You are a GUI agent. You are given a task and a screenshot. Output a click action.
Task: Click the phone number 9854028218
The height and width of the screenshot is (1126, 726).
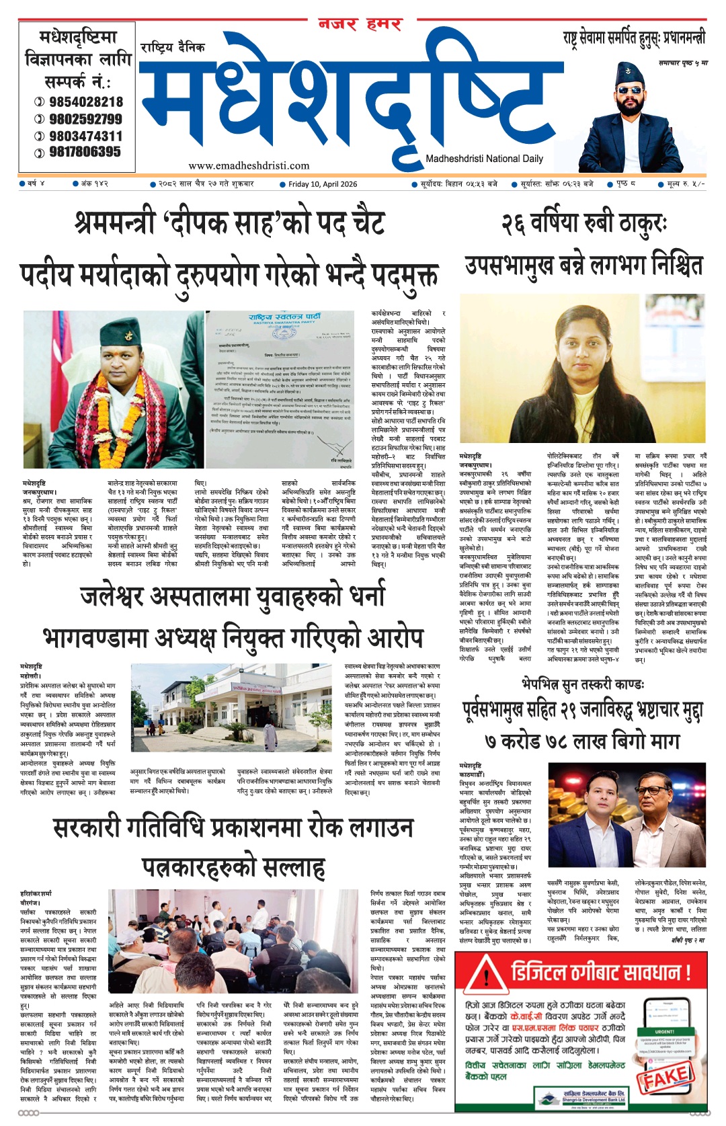click(85, 102)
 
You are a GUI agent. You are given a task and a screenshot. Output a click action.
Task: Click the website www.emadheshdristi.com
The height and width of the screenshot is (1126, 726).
click(249, 165)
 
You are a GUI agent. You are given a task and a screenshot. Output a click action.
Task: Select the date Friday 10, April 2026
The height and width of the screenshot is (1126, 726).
click(323, 184)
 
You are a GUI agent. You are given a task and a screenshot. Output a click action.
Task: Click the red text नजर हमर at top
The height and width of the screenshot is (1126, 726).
click(360, 25)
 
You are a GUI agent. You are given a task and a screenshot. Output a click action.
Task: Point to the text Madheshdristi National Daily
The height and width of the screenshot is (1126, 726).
click(484, 159)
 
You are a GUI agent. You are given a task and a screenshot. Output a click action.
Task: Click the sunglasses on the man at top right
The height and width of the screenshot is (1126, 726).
click(630, 90)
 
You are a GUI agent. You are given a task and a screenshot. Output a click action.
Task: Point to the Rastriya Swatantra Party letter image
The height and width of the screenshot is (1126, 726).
click(279, 390)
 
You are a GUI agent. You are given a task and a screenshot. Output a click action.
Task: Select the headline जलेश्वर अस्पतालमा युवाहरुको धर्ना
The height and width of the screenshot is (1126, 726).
click(233, 596)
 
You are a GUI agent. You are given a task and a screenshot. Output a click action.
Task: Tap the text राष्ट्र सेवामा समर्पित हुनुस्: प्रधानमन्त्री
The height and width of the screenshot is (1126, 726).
click(635, 39)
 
